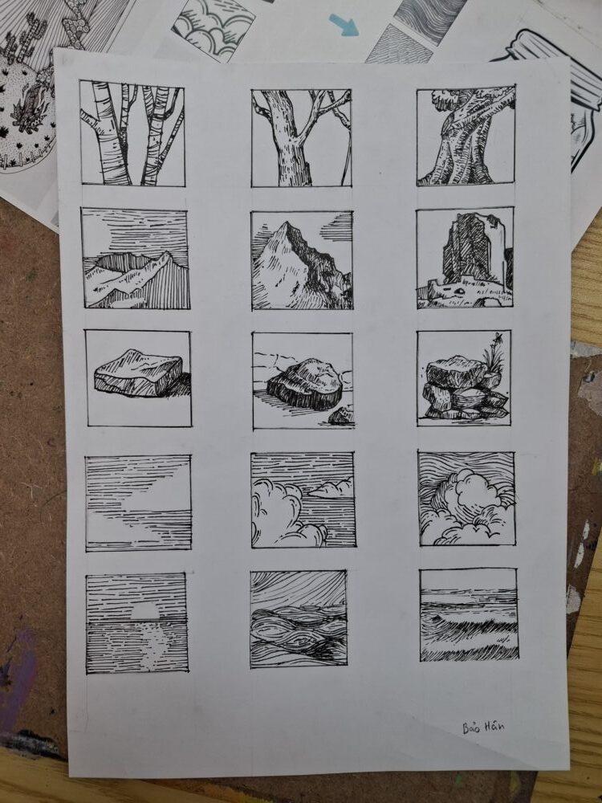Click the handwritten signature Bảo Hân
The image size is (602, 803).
(483, 727)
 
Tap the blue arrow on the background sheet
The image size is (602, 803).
(344, 25)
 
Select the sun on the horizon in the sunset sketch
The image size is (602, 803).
(146, 609)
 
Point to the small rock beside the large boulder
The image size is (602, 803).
(341, 415)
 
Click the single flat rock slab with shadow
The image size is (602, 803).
(138, 373)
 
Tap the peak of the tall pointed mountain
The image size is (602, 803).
(287, 223)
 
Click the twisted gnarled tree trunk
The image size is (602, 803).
(462, 138)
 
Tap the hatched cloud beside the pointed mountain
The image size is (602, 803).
(337, 227)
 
